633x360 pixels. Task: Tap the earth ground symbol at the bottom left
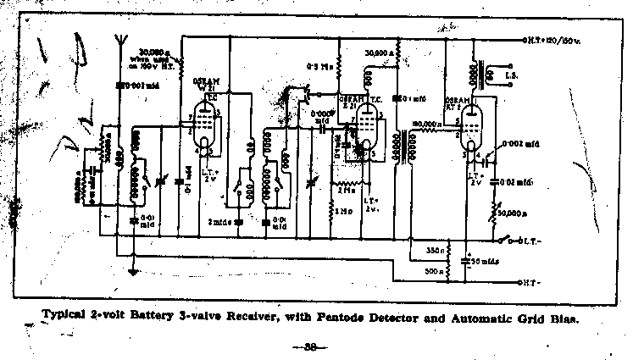click(x=131, y=273)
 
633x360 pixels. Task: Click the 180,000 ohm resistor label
click(x=424, y=123)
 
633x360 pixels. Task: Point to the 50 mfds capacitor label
click(x=486, y=261)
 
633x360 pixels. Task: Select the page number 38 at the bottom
click(x=309, y=348)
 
